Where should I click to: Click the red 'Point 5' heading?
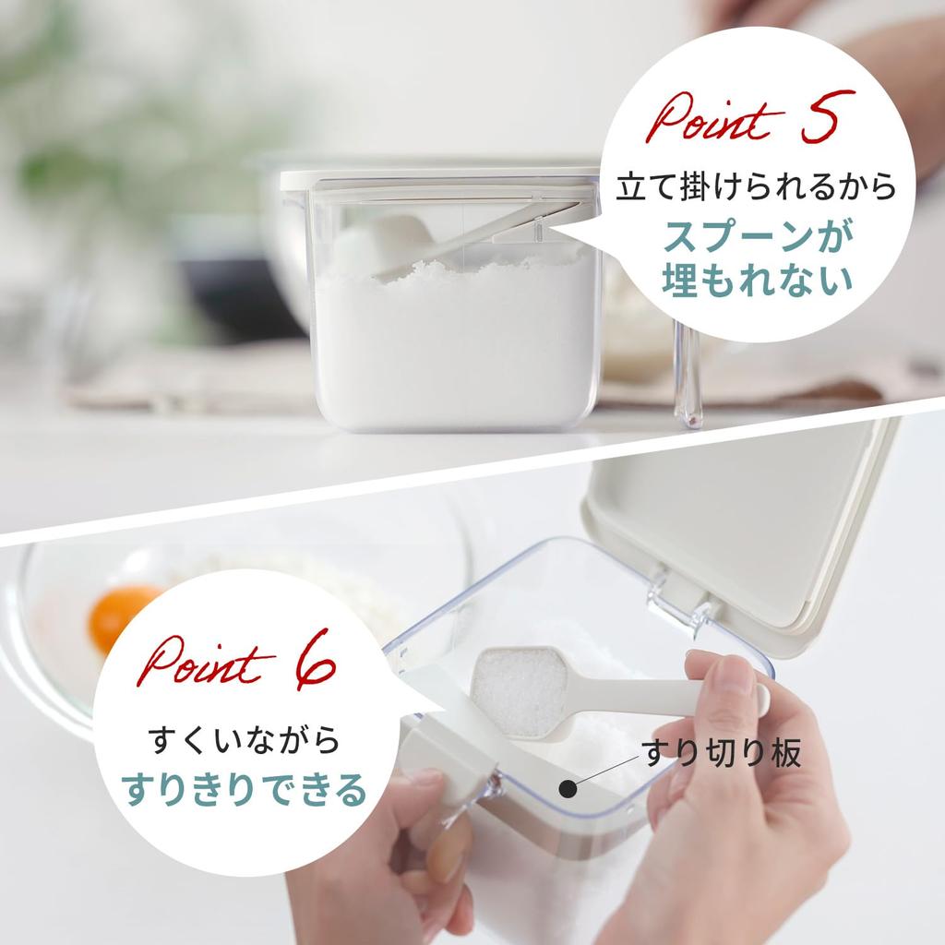coord(749,118)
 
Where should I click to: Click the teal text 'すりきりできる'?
coord(244,790)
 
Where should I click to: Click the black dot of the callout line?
coord(568,789)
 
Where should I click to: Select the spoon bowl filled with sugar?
coord(519,689)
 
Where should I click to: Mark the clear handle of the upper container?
coord(688,374)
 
